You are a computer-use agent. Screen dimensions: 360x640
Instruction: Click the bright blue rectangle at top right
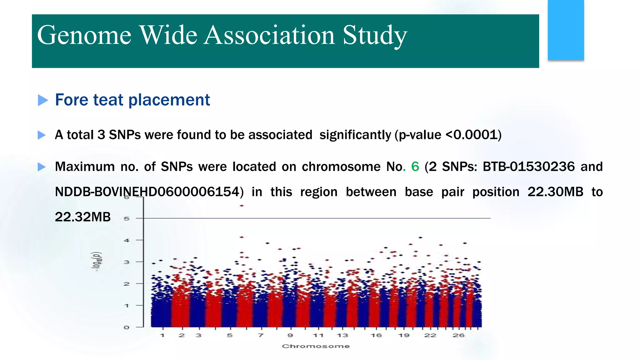566,30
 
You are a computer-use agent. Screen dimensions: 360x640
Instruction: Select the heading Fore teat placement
132,100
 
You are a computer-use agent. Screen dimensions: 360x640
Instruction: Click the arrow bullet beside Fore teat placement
43,100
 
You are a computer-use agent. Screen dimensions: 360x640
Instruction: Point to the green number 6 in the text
415,167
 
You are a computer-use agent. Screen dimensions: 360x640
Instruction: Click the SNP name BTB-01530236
528,167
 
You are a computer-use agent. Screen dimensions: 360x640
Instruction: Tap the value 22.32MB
83,217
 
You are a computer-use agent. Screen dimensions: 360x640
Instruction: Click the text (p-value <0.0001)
448,135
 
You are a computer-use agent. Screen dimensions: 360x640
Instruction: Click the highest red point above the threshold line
242,206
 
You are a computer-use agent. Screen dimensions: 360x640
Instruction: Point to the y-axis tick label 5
127,218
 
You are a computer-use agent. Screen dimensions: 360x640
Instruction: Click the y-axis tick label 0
127,327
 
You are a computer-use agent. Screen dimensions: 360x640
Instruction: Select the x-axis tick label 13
342,335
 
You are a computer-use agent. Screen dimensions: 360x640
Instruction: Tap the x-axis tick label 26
458,335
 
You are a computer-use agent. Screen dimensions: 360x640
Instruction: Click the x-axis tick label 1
162,335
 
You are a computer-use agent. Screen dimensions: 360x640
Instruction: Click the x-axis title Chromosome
316,346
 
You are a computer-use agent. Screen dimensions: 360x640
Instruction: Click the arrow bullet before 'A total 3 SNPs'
42,135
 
